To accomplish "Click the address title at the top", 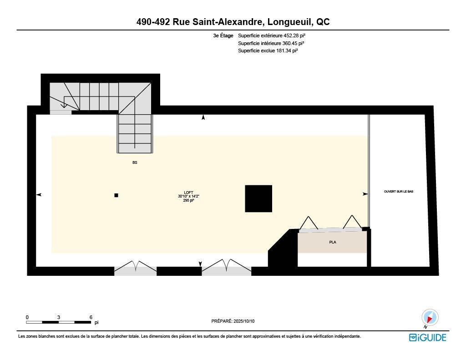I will [233, 22].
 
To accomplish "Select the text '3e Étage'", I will [223, 35].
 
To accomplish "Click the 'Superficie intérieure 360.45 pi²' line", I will [271, 43].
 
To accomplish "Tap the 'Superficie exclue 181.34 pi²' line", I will [268, 51].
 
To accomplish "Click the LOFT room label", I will [188, 193].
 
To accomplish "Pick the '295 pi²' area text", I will [188, 200].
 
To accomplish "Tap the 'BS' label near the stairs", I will [135, 162].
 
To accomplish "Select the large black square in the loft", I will [258, 198].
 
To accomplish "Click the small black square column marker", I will [116, 195].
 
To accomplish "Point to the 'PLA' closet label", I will [332, 242].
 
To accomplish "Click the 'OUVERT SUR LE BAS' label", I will [399, 192].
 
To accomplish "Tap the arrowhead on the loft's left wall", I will [39, 195].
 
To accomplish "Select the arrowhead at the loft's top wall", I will [203, 117].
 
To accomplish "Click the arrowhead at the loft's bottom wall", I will [200, 264].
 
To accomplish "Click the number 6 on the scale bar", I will [91, 317].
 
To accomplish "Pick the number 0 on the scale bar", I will [27, 317].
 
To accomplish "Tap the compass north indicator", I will [430, 318].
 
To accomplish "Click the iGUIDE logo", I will [427, 337].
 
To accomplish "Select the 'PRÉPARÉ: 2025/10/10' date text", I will [233, 321].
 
